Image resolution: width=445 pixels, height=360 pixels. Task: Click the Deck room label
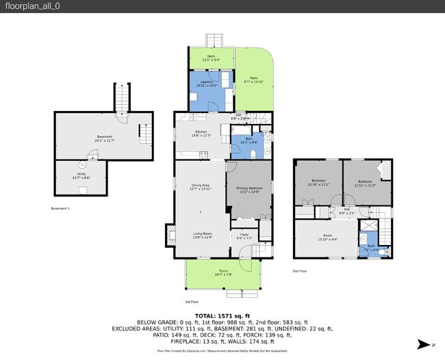tap(211, 58)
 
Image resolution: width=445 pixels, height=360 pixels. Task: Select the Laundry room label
tap(208, 83)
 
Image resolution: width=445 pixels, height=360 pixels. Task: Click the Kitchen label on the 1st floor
tap(201, 132)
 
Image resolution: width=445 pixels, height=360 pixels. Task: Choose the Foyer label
tap(244, 237)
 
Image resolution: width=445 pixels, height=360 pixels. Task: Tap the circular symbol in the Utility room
tap(81, 164)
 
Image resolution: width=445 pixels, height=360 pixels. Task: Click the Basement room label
tap(104, 138)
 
